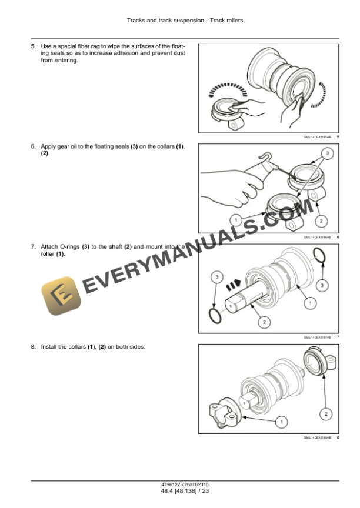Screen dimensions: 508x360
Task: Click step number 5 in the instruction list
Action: tap(33, 45)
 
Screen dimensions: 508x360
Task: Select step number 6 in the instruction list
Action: tap(33, 146)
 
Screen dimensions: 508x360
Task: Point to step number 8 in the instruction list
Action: tap(33, 347)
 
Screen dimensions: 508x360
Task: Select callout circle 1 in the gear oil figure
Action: tap(236, 220)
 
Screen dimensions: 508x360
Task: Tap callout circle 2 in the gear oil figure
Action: tap(321, 220)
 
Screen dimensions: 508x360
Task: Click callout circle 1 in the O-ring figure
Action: tap(306, 303)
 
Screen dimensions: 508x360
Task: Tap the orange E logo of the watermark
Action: tap(61, 296)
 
